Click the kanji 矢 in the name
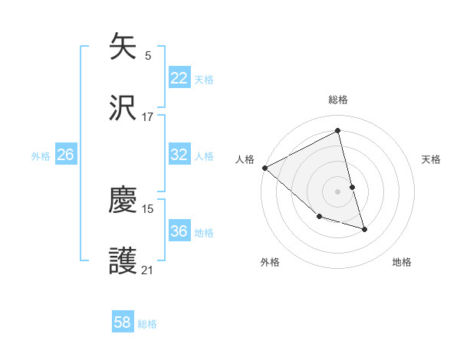123,47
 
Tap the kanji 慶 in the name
123,200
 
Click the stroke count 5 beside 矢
148,56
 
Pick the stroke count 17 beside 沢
148,116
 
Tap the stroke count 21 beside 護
148,270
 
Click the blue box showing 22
179,78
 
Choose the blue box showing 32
179,155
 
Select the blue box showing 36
179,231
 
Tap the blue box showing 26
65,155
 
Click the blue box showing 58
123,322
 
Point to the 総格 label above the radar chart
338,100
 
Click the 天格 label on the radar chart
432,159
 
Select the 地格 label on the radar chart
402,263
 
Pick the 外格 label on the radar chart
270,263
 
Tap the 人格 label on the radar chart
245,159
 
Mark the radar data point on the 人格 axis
264,168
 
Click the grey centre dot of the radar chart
338,191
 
